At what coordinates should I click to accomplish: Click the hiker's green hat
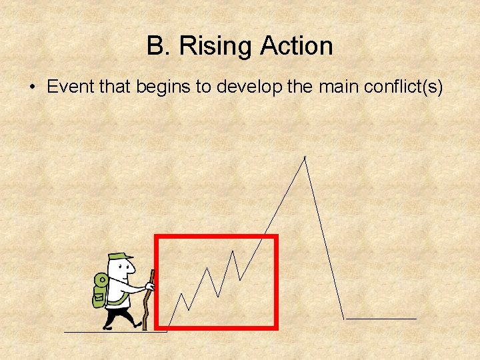[x=119, y=257]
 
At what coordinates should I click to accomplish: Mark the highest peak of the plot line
[x=305, y=157]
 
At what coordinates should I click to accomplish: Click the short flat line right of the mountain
[x=381, y=319]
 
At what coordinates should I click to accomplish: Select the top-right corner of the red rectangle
[x=275, y=237]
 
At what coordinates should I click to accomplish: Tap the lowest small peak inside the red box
[x=182, y=293]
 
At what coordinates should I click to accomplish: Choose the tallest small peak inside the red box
[x=233, y=251]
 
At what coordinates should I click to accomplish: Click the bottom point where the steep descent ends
[x=344, y=318]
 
